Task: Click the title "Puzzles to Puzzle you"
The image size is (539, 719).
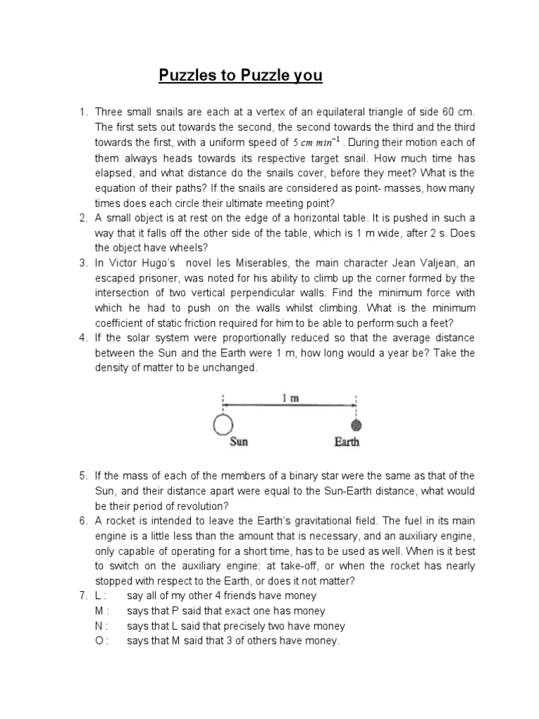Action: click(240, 76)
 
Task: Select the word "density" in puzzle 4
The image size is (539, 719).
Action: click(113, 369)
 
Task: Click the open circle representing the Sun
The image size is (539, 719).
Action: click(223, 426)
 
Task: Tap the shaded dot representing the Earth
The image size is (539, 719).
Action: click(356, 426)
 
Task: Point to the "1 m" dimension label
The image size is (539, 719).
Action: click(291, 399)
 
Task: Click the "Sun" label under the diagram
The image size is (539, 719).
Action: click(239, 442)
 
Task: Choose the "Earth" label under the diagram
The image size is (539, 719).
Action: click(347, 442)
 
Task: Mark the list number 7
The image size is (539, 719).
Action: click(83, 596)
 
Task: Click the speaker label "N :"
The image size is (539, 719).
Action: click(102, 626)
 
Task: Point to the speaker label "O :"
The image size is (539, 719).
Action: click(102, 641)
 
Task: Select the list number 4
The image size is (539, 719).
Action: click(83, 338)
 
